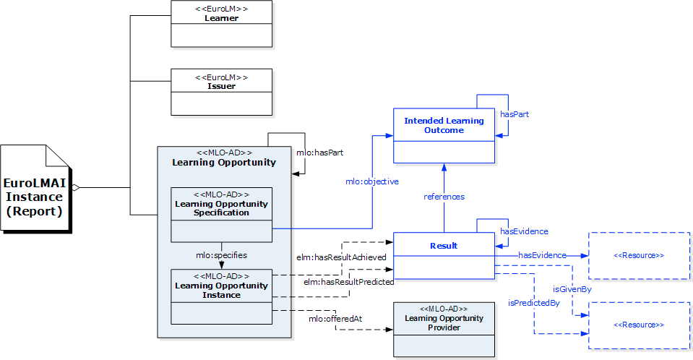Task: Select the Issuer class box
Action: click(221, 92)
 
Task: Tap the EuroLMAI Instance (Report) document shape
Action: click(36, 189)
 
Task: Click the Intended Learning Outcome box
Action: click(444, 135)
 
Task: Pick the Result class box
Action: click(444, 255)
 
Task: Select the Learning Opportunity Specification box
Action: click(221, 214)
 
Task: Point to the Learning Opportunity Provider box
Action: click(444, 329)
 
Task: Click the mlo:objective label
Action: click(371, 181)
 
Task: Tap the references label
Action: click(444, 197)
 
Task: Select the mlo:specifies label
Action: click(222, 255)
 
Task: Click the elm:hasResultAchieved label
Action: click(341, 257)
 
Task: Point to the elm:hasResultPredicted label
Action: click(348, 281)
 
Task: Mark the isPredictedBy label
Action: click(534, 302)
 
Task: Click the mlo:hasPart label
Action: click(319, 153)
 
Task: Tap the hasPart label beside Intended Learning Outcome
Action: click(515, 114)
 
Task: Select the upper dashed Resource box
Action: click(639, 255)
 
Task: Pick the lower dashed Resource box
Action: click(639, 325)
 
